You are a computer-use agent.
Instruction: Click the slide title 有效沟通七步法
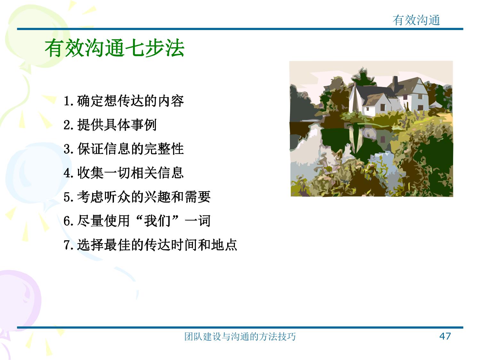pyautogui.click(x=115, y=48)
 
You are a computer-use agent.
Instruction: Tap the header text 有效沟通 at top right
pyautogui.click(x=416, y=20)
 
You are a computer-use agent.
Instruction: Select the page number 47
pyautogui.click(x=445, y=336)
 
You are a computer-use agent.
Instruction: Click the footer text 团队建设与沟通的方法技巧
pyautogui.click(x=240, y=336)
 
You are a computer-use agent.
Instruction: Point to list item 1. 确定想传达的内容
pyautogui.click(x=124, y=101)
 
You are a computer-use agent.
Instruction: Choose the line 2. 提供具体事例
pyautogui.click(x=110, y=125)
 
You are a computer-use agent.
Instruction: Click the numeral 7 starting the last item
pyautogui.click(x=67, y=245)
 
